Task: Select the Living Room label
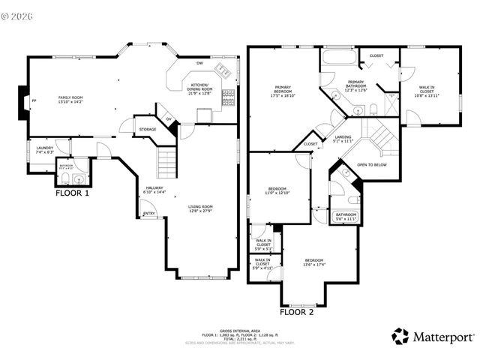coord(201,208)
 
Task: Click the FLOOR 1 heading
coord(73,193)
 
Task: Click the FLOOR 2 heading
coord(297,310)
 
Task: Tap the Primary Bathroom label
coord(356,85)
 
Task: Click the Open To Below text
coord(372,164)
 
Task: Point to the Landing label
coord(343,138)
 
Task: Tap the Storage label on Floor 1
coord(147,130)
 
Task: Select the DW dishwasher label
coord(199,63)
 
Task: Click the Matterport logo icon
coord(400,335)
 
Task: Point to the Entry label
coord(149,213)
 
